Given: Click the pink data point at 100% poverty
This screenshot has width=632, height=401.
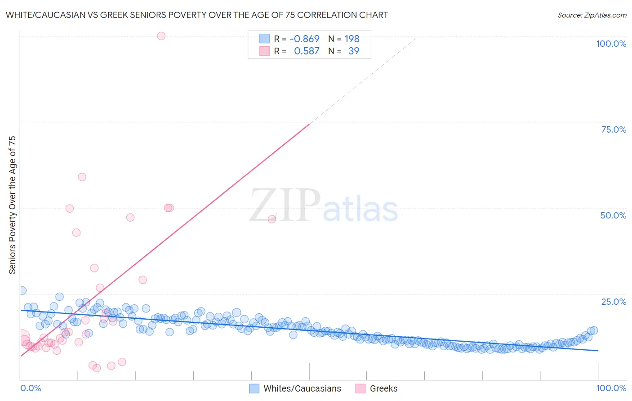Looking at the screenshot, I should coord(161,36).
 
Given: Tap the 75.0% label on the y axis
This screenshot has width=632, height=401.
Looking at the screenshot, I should coord(614,129).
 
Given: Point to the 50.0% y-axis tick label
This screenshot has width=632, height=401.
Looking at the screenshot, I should coord(613,215).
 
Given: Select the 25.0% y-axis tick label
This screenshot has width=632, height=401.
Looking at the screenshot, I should coord(614,302).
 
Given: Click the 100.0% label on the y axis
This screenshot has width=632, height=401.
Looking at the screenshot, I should coord(611,44).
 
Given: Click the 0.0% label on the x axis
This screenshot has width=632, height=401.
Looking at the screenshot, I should coord(31,388).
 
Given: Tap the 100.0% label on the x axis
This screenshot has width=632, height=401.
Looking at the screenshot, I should coord(611,388).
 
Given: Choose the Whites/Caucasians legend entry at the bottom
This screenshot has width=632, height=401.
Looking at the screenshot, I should coord(302,388).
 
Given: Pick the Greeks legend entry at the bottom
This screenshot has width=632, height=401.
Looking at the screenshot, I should coord(383,388).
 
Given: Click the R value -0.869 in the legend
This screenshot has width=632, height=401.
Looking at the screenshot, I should coord(304,39).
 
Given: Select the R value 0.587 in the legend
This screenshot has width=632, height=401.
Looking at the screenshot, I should coord(307,51).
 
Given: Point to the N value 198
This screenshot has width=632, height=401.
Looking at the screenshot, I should coord(352,39).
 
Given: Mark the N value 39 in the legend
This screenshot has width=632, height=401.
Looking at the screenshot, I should coord(354,51).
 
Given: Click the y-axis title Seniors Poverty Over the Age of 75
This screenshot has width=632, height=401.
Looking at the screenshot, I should coord(12,205).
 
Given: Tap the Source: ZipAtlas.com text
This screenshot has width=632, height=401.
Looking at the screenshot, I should coord(592,15).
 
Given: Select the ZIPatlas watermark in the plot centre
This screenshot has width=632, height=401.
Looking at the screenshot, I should coord(324,206).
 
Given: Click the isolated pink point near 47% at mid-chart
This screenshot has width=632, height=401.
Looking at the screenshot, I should coord(272,219).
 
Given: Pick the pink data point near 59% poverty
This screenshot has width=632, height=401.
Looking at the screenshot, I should coord(82,177).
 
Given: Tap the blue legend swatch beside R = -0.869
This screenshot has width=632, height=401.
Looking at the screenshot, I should coord(264,39).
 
